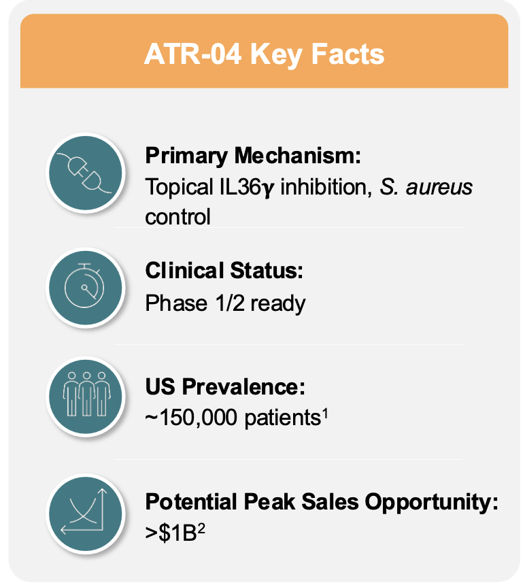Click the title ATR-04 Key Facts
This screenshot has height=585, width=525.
(x=264, y=54)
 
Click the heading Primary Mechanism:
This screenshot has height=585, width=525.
(x=252, y=156)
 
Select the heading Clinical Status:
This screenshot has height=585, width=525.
(x=224, y=270)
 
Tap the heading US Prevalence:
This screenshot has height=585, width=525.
(x=225, y=386)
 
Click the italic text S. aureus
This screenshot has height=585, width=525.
(x=426, y=186)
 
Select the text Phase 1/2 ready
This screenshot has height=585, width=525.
(x=225, y=302)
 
